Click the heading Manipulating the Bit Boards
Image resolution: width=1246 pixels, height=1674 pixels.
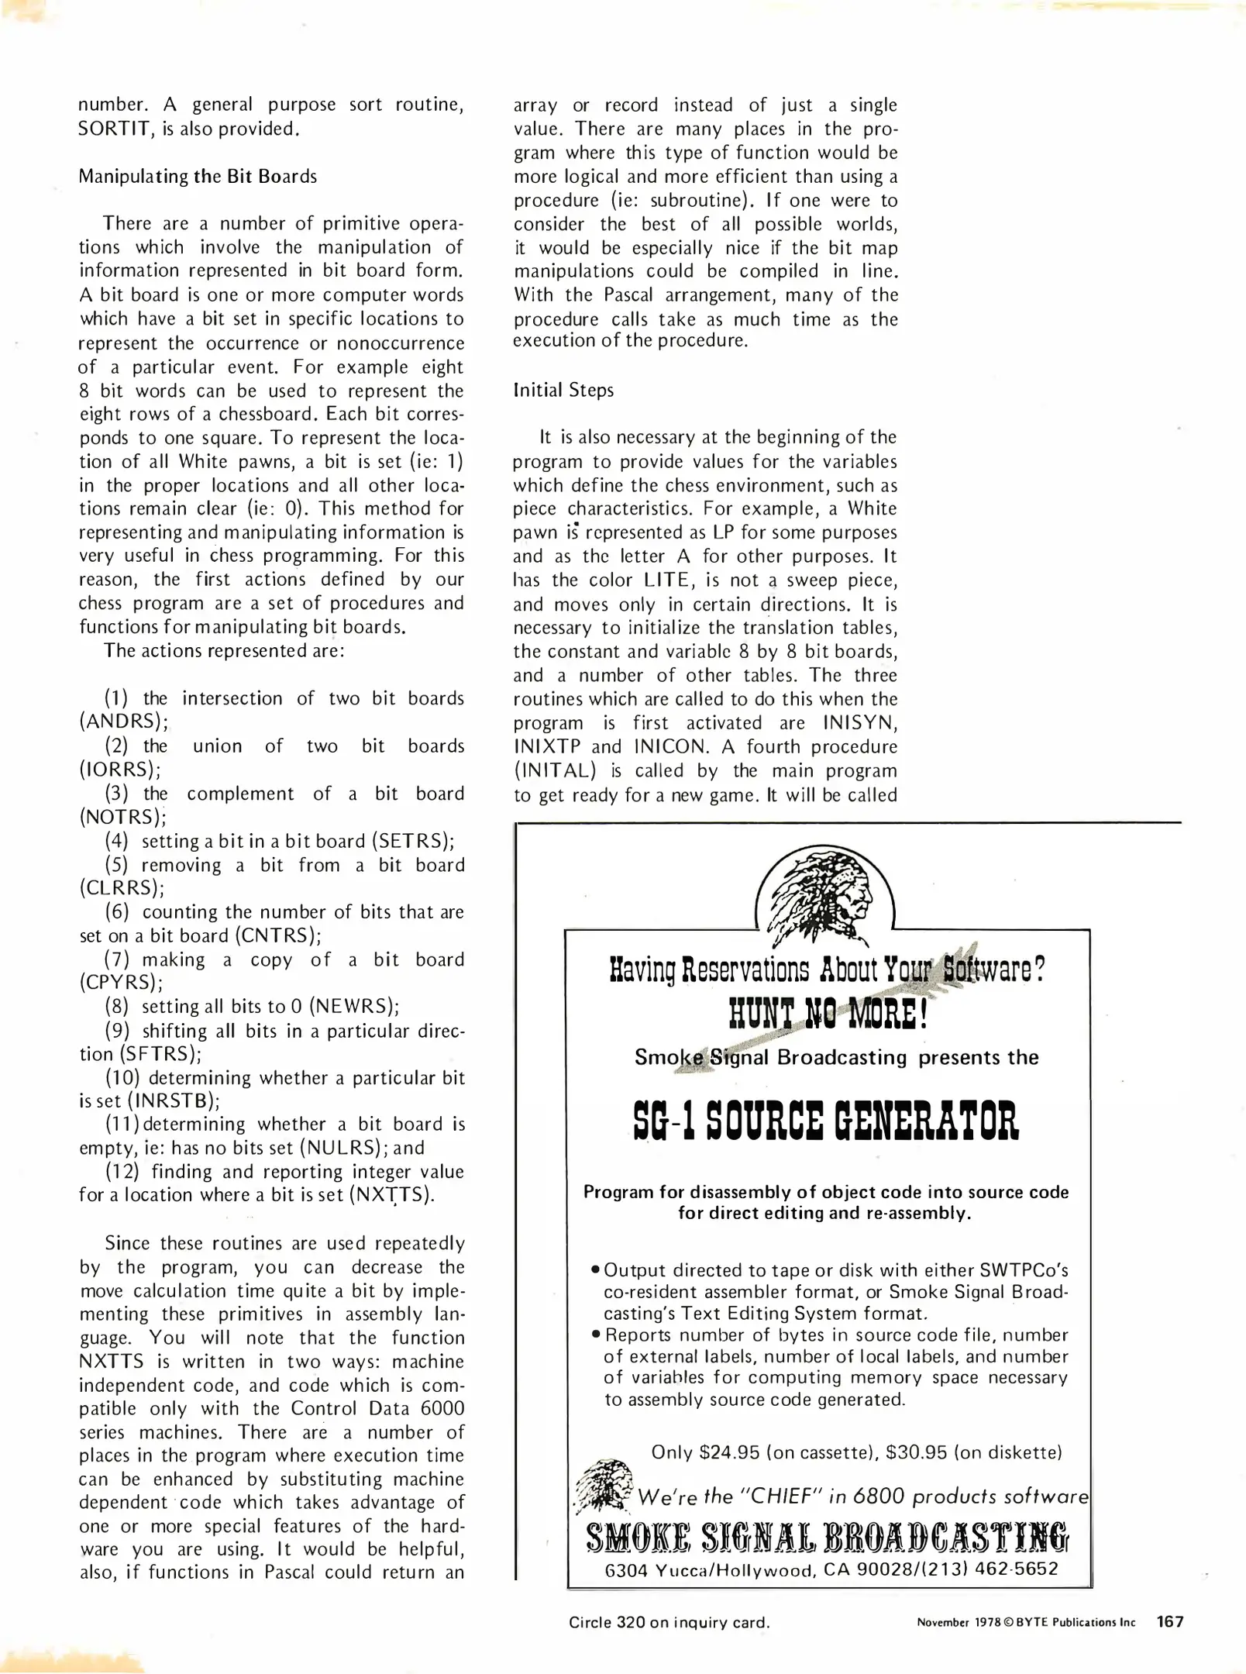tap(198, 177)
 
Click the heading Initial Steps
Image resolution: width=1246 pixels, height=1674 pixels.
tap(563, 390)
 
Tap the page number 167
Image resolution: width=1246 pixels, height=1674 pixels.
tap(1170, 1621)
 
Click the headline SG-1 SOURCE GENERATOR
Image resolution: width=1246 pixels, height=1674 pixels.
tap(825, 1121)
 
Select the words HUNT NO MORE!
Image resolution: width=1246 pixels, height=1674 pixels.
tap(828, 1014)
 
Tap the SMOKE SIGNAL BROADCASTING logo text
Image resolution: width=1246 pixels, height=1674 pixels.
tap(828, 1537)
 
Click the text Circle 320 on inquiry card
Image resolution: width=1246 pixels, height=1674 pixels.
tap(669, 1622)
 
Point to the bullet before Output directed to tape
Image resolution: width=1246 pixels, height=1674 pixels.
tap(595, 1269)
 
